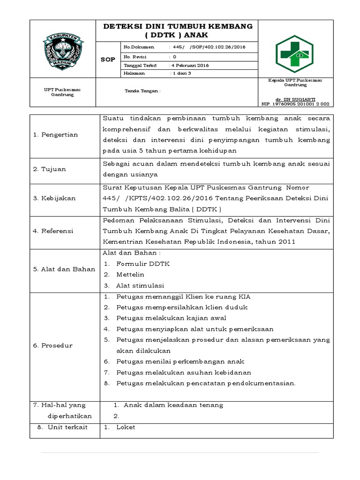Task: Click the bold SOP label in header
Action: (x=108, y=60)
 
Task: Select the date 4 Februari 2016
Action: (x=190, y=65)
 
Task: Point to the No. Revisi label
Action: (x=135, y=56)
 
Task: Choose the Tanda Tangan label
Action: (x=142, y=91)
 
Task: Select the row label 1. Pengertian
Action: (x=56, y=135)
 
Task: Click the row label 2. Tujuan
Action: (x=50, y=169)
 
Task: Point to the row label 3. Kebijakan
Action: (x=54, y=198)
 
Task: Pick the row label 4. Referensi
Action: (x=53, y=231)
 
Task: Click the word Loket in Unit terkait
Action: (x=126, y=427)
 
